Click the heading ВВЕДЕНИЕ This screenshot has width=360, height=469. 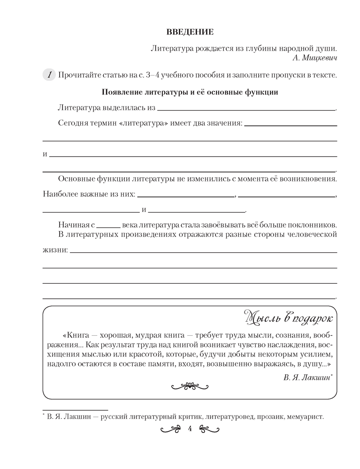[190, 32]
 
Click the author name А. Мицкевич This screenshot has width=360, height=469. [314, 58]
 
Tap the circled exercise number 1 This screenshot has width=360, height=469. [49, 75]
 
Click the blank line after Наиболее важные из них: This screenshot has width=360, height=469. [186, 196]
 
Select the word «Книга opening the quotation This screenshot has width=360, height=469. [76, 336]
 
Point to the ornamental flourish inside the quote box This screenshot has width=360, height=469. [190, 386]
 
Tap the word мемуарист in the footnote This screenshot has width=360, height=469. [304, 416]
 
